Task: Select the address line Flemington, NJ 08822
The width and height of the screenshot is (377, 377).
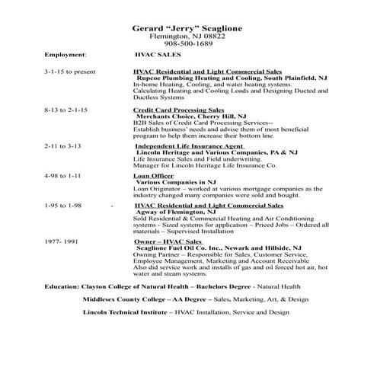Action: click(x=188, y=37)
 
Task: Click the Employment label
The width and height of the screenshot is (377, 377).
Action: click(x=65, y=56)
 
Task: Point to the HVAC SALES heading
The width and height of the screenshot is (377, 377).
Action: click(x=156, y=56)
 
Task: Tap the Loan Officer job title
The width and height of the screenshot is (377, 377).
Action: click(x=153, y=175)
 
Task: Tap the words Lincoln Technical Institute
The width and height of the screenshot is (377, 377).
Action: click(x=125, y=312)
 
